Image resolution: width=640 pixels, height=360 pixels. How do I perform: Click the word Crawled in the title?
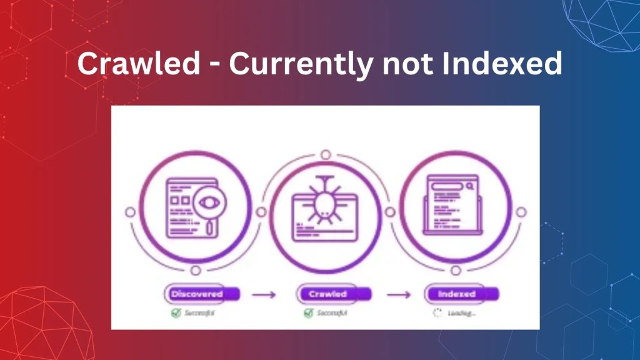[129, 64]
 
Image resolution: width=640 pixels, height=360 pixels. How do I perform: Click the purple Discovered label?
[197, 294]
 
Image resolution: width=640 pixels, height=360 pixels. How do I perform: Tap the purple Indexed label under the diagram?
[457, 294]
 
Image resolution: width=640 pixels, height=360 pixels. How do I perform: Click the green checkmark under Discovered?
[176, 312]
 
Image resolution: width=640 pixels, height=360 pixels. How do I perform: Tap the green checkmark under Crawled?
[308, 312]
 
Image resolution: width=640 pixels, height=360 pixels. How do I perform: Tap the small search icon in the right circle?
[469, 185]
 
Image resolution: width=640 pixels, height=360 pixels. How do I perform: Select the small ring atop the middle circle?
[326, 154]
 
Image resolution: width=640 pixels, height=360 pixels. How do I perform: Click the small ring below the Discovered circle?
[196, 270]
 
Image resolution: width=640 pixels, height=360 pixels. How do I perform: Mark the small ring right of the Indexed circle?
[521, 212]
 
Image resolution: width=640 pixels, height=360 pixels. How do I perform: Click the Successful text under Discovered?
[201, 312]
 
